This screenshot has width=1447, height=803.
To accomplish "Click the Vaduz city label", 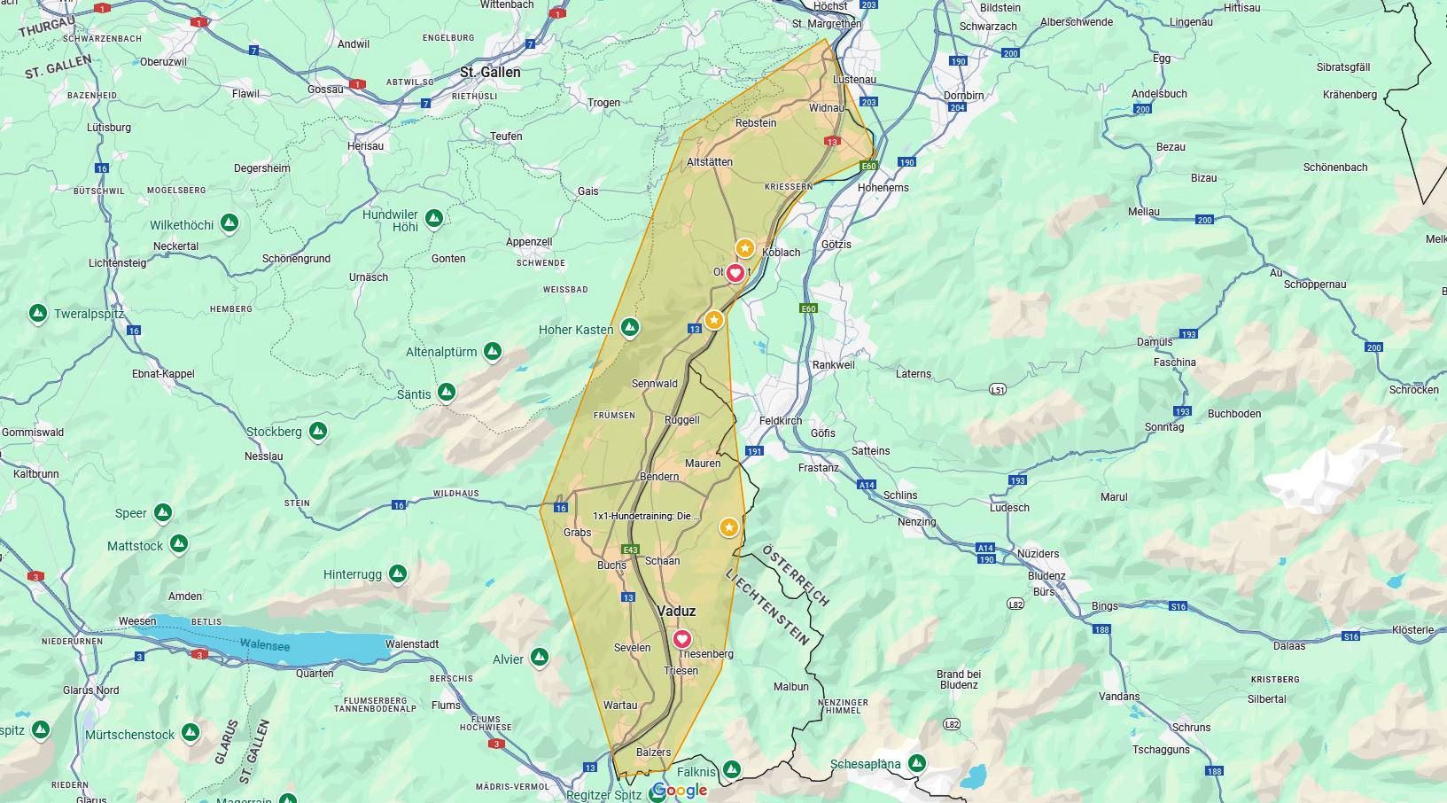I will click(x=676, y=611).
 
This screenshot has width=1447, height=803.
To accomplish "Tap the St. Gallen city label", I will click(x=490, y=72).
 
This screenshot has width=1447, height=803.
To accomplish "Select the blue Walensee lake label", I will click(x=264, y=645).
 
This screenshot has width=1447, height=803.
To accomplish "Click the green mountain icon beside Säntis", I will click(x=447, y=392).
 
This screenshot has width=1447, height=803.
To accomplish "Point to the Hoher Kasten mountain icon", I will click(x=629, y=328).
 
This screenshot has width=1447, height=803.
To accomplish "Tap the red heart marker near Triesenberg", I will click(x=681, y=638).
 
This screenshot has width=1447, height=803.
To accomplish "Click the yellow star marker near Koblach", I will click(x=745, y=248).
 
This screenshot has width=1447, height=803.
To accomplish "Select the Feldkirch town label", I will click(x=780, y=421).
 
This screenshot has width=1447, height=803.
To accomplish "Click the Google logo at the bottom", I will click(x=681, y=790).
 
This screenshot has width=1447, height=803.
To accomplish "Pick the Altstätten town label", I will click(x=710, y=162).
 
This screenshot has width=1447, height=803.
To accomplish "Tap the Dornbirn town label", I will click(x=963, y=96).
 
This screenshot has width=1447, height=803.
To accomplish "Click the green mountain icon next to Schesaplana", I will click(x=917, y=762).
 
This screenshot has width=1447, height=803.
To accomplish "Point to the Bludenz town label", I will click(x=1046, y=575).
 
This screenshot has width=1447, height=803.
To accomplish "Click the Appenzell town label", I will click(x=529, y=242).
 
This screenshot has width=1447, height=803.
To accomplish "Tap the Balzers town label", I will click(x=653, y=752).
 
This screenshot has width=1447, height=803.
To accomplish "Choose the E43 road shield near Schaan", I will click(x=630, y=550).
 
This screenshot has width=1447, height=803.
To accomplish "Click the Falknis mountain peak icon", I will click(x=731, y=769).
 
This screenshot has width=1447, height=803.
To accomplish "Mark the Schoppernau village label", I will click(x=1315, y=285).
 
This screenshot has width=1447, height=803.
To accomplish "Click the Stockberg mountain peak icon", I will click(x=318, y=432).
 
